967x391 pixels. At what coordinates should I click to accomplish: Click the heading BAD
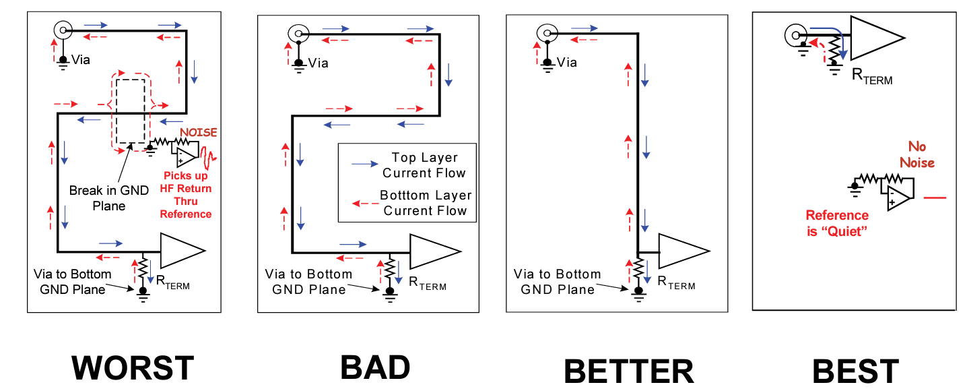click(375, 368)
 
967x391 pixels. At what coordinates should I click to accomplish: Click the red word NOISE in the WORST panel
click(199, 133)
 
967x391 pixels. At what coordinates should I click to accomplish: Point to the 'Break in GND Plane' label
click(108, 198)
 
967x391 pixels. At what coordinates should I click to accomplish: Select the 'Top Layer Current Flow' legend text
click(424, 165)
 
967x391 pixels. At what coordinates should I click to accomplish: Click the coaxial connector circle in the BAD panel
click(298, 32)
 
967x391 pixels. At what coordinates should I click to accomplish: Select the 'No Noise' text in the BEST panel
click(916, 154)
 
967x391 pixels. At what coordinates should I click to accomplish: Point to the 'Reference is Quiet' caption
click(837, 222)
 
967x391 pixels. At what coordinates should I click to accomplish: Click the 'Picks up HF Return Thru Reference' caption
click(186, 195)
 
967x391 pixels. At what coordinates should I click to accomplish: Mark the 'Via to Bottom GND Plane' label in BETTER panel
click(557, 282)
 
